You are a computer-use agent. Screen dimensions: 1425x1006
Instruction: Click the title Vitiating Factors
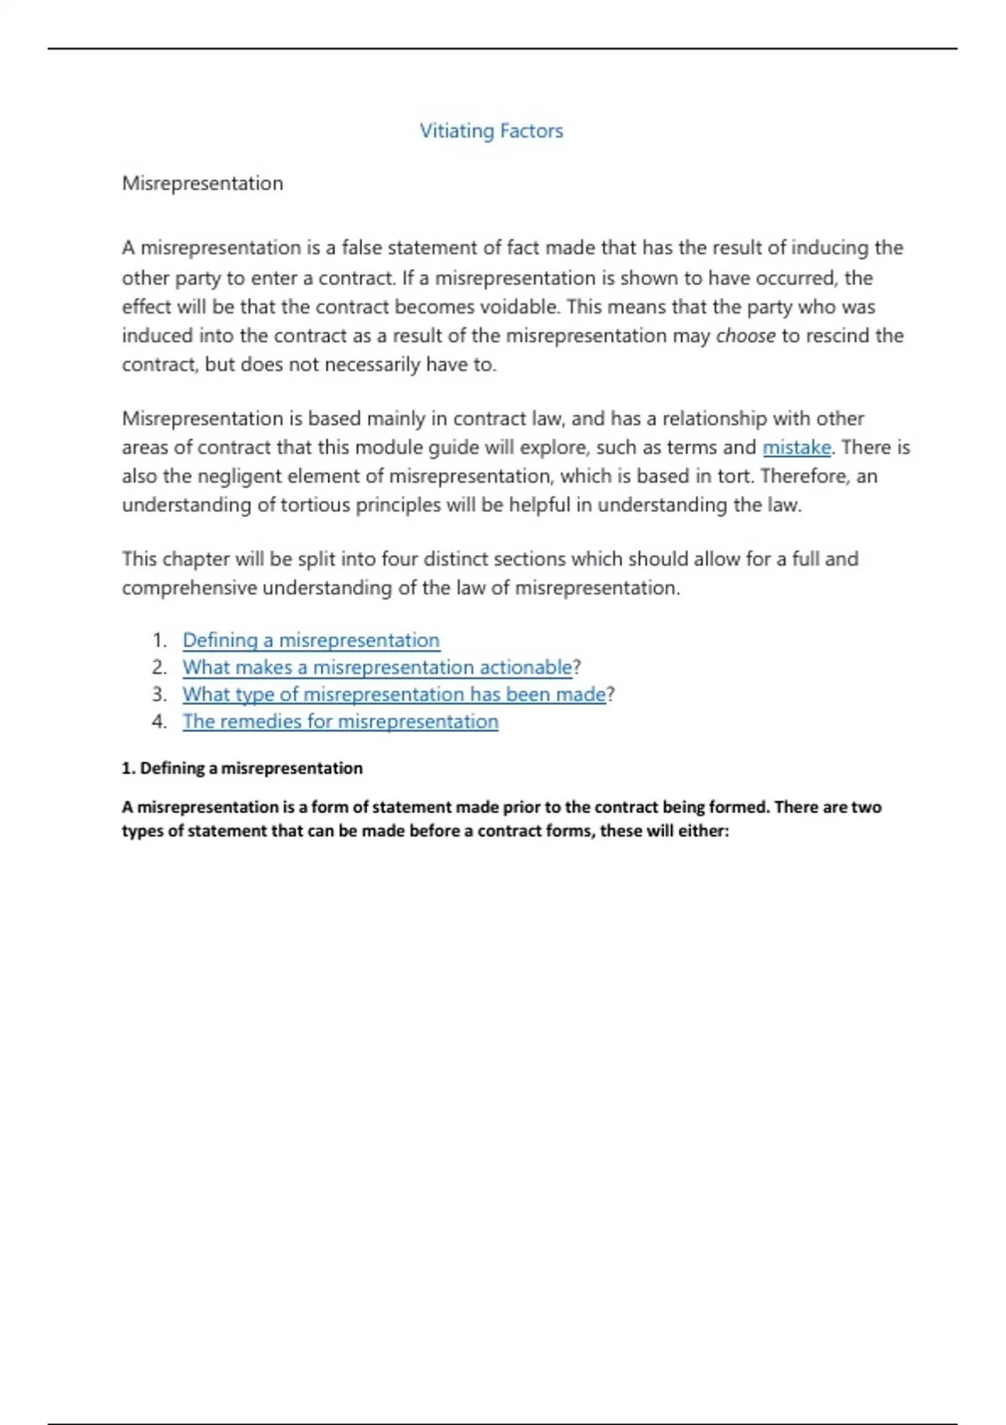[491, 131]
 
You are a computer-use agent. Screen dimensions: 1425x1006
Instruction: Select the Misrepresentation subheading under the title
[202, 184]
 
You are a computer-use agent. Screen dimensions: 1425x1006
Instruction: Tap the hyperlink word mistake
[796, 448]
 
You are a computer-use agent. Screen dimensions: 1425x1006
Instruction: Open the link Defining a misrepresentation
[311, 640]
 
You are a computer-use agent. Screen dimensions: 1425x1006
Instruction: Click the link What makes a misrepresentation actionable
[377, 667]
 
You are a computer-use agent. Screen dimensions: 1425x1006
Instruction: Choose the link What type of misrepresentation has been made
[394, 694]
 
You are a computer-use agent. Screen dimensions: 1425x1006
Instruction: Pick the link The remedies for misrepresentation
[340, 722]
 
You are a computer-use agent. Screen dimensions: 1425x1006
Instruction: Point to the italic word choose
[745, 336]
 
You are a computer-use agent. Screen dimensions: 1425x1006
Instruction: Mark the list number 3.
[159, 694]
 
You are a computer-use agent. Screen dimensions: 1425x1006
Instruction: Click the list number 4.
[159, 722]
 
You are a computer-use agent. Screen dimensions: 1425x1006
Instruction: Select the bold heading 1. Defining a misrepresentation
[242, 769]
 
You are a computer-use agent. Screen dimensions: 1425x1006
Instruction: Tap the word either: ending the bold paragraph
[706, 832]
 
